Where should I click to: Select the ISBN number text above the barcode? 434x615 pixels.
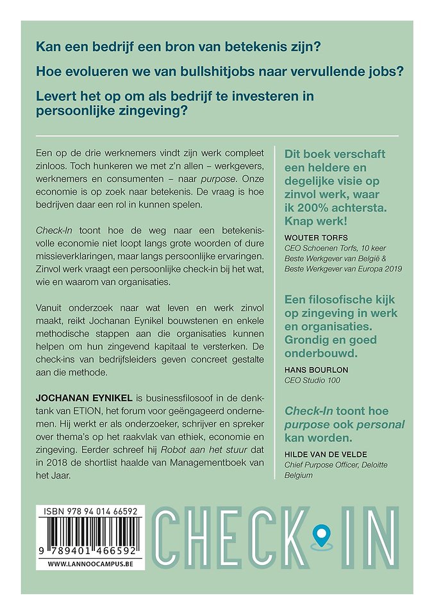coord(90,512)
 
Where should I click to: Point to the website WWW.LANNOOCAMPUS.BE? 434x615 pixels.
coord(90,564)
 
